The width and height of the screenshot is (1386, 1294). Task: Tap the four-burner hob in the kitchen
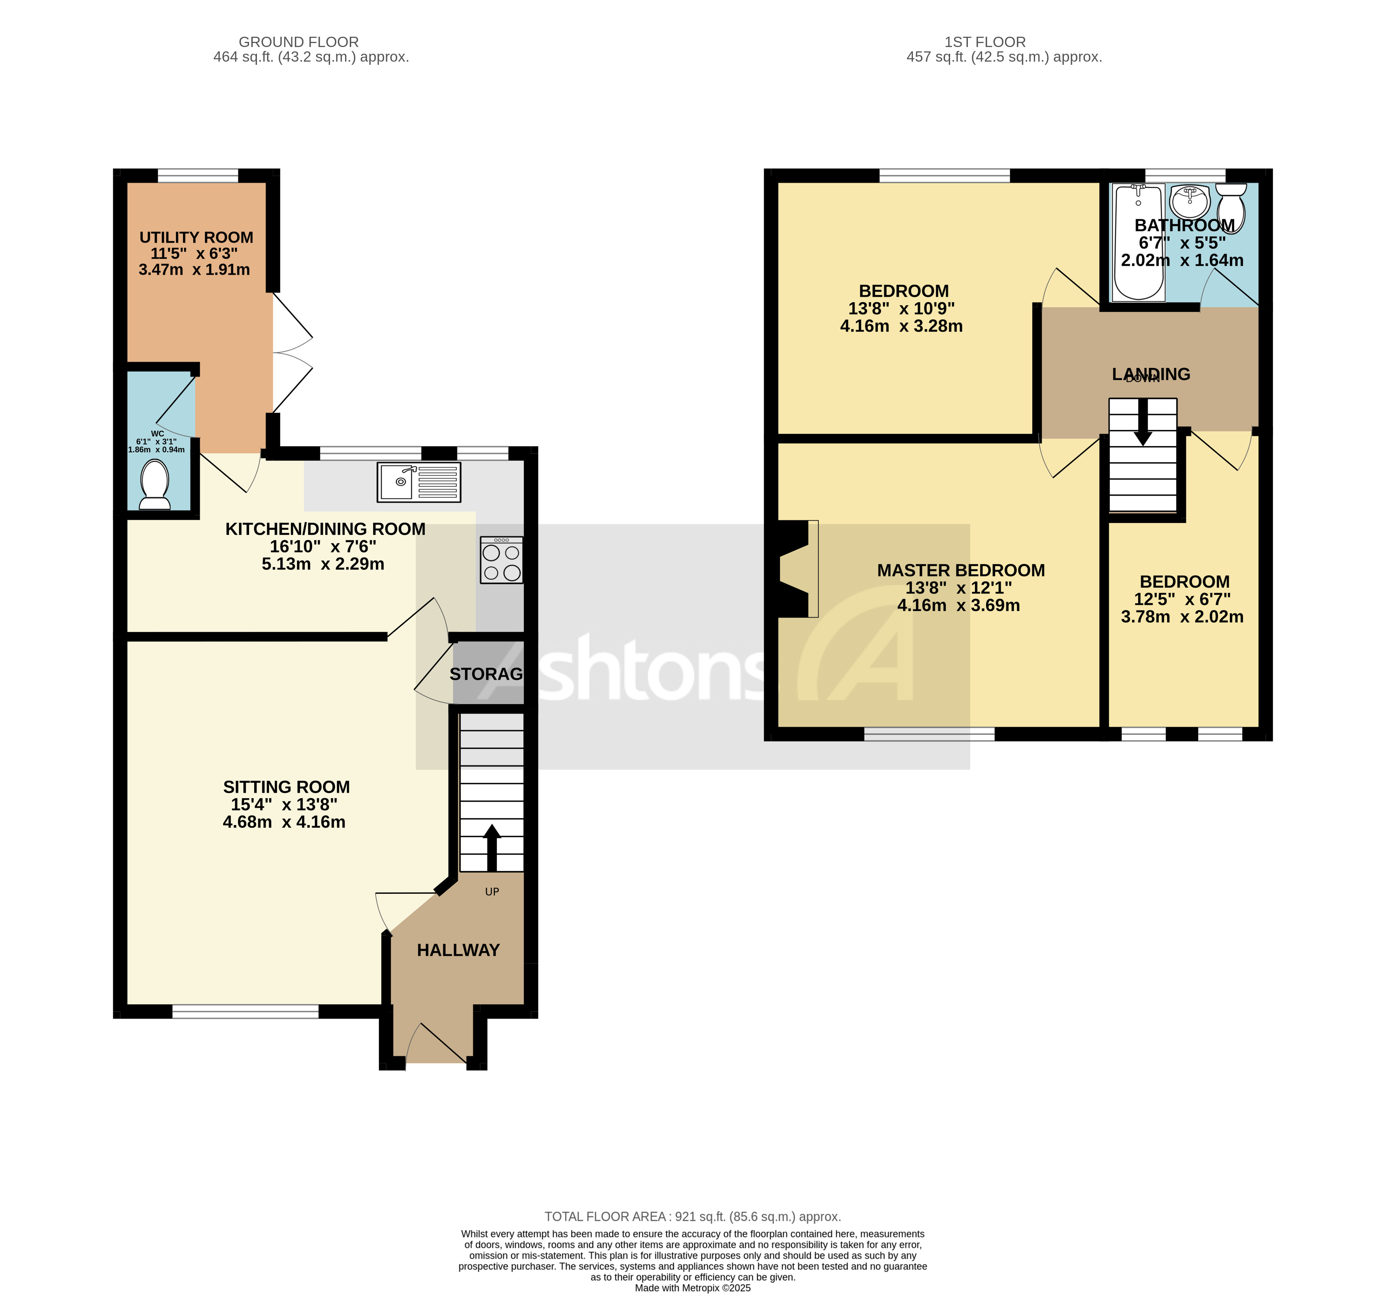point(501,560)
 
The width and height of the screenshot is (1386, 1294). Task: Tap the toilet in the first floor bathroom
point(1231,208)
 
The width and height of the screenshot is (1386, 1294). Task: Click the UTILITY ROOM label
point(196,238)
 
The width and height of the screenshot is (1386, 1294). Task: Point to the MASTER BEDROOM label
point(961,570)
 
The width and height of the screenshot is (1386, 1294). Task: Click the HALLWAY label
point(458,950)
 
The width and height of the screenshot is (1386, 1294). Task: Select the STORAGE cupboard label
point(486,674)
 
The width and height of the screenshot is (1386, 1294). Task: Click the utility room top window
point(198,176)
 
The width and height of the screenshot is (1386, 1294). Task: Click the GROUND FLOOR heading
point(298,42)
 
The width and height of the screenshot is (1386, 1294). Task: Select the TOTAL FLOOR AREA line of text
point(692,1217)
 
